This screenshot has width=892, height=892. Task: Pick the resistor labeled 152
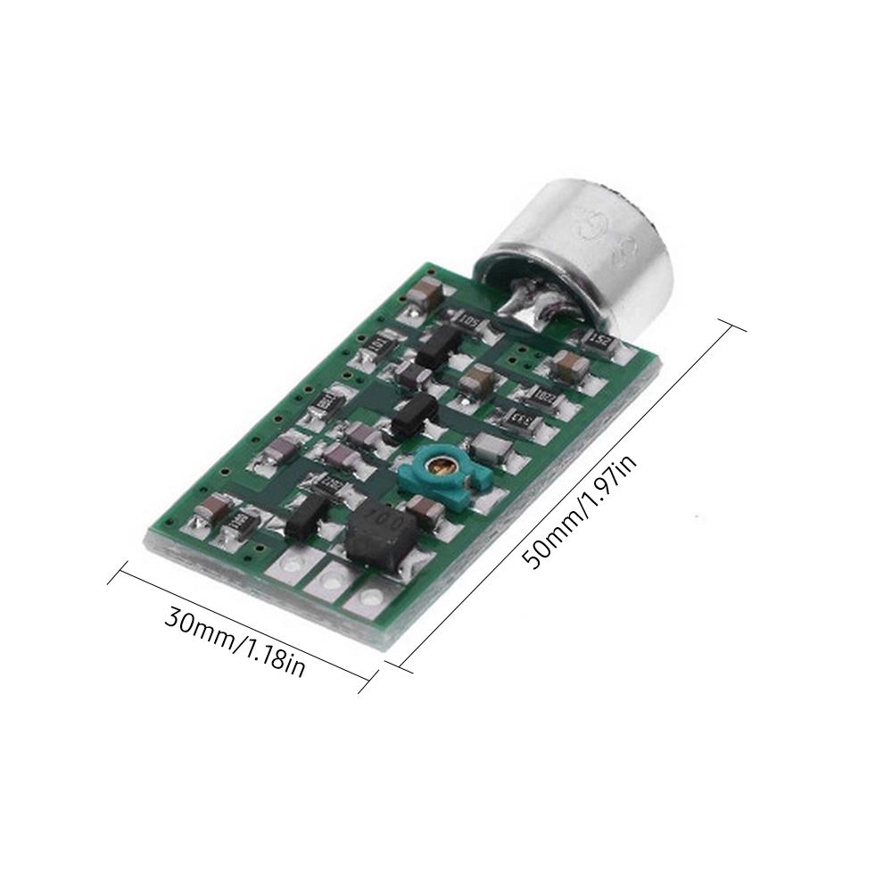tap(599, 338)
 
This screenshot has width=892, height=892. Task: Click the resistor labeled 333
tap(512, 416)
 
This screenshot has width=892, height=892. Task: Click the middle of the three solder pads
tap(330, 582)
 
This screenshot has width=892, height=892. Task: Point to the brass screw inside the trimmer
tap(439, 463)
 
